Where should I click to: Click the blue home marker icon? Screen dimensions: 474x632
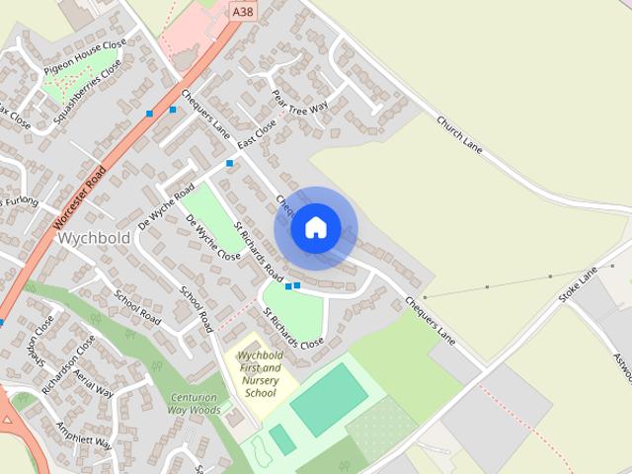(315, 228)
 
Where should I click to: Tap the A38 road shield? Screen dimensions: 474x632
(241, 11)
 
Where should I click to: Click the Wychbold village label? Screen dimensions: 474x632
(94, 239)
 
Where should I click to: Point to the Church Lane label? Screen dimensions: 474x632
(459, 135)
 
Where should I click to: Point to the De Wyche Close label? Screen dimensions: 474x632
(212, 237)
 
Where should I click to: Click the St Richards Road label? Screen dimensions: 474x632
(258, 251)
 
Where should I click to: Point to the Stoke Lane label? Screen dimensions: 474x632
(579, 283)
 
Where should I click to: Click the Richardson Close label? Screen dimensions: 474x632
(68, 361)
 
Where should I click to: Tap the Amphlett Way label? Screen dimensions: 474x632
(87, 434)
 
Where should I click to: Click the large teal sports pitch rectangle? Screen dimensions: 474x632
(329, 398)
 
